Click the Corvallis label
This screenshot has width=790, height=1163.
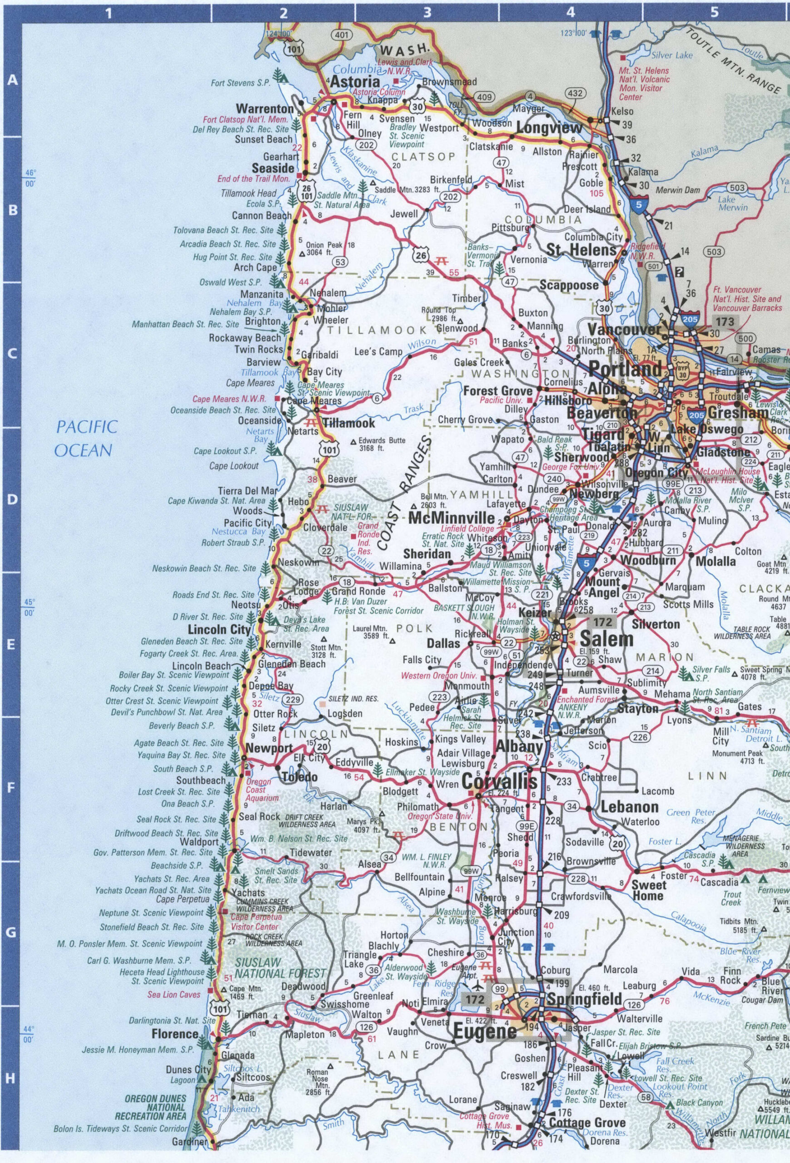click(x=499, y=781)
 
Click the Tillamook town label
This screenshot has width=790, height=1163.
click(x=348, y=423)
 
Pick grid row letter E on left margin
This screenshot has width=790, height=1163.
click(x=11, y=645)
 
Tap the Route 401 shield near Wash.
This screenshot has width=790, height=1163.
click(x=342, y=35)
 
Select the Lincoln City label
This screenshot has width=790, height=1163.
click(x=219, y=630)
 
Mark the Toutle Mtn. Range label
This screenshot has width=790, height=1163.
click(x=732, y=61)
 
